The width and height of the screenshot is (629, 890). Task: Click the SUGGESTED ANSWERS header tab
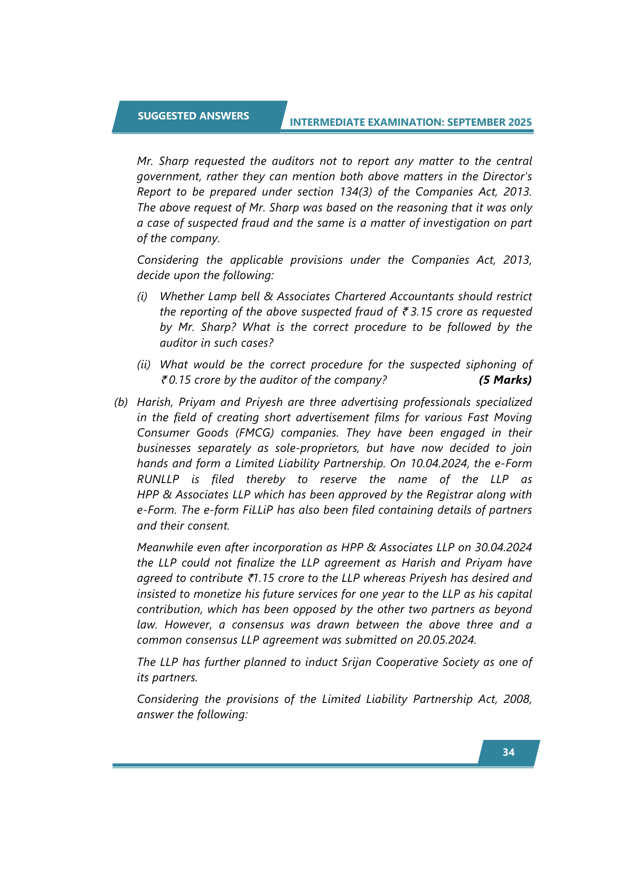[193, 116]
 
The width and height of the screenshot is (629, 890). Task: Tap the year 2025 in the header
[520, 122]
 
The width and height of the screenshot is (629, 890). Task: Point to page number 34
[509, 752]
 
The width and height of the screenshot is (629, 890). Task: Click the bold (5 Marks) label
[505, 380]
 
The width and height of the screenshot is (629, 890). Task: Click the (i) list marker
[142, 296]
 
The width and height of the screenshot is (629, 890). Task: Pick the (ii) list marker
[144, 365]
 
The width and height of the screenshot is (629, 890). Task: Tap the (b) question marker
[121, 402]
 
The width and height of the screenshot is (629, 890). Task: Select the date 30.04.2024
[503, 548]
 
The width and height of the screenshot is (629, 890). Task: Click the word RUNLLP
[158, 479]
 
